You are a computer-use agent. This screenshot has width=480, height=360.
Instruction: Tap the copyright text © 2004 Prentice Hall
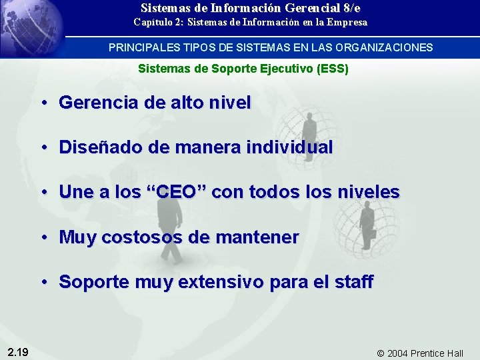420,353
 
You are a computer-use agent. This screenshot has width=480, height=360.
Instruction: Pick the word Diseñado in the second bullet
96,147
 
